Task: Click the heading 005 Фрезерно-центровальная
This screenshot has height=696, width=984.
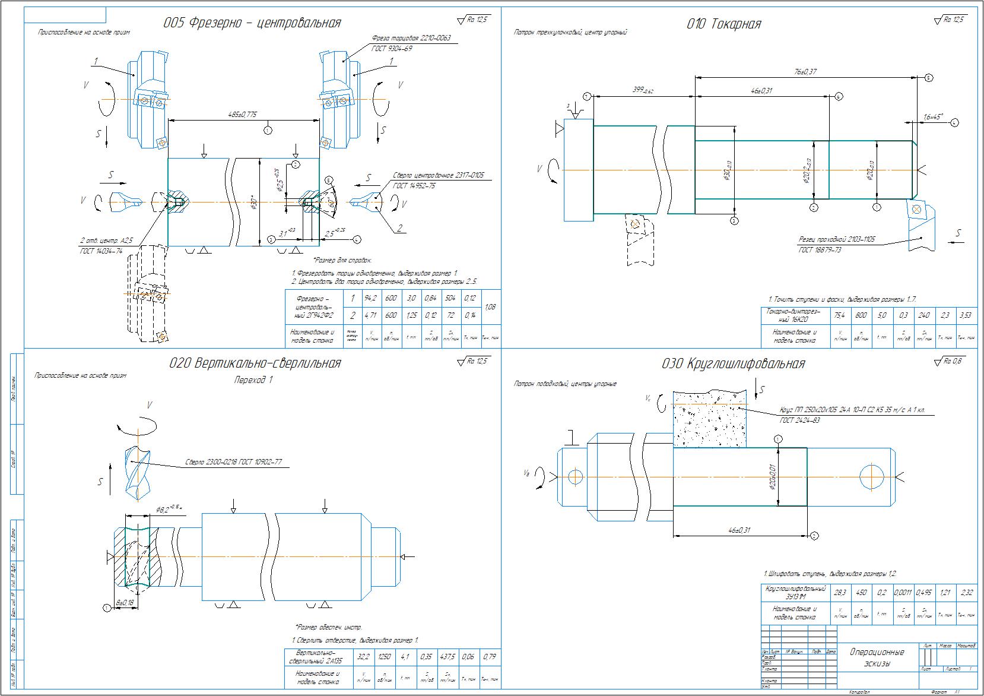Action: click(252, 23)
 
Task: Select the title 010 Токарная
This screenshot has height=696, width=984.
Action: click(723, 24)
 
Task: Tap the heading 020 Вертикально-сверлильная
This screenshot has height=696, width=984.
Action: click(255, 363)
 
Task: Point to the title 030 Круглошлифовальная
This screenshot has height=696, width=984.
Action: click(733, 364)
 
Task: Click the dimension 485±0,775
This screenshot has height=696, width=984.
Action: click(242, 115)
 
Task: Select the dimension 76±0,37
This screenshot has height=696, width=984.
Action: click(805, 71)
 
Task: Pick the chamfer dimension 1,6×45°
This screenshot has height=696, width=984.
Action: click(933, 117)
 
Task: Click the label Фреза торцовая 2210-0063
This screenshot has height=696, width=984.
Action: click(411, 38)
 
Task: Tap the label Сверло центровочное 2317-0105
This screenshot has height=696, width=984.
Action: click(438, 176)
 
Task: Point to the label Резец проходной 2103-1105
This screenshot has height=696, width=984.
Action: click(837, 240)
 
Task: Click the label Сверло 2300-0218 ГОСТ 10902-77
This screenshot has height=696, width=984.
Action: click(233, 461)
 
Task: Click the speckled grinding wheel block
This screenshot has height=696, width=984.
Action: click(709, 419)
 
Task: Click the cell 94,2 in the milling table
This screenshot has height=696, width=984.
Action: click(371, 298)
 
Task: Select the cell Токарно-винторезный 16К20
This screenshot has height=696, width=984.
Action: click(793, 315)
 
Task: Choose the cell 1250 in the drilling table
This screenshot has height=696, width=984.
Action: click(386, 657)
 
